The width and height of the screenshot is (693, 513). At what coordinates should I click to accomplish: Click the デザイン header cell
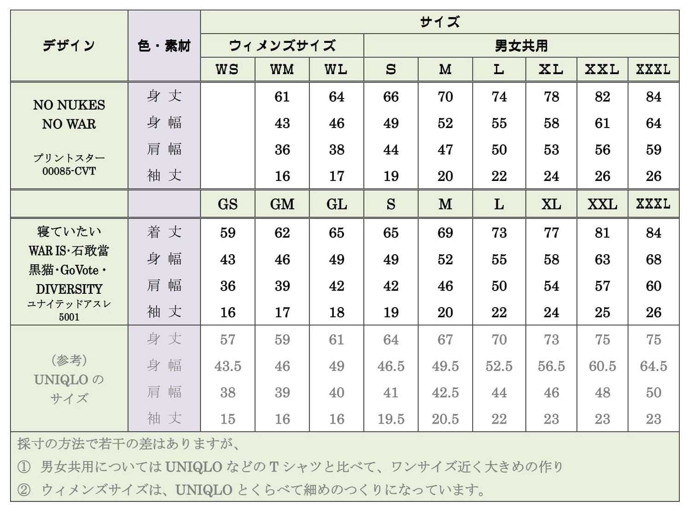click(69, 46)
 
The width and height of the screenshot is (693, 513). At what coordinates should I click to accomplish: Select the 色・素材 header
click(164, 46)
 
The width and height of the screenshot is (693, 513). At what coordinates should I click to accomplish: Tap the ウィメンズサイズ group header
click(282, 46)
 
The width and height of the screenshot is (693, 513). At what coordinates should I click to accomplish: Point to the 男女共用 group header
click(521, 46)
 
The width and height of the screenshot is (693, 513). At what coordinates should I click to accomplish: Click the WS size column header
click(227, 70)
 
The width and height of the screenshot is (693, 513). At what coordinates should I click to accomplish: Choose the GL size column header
click(337, 204)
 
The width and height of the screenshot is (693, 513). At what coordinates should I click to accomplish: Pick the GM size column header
click(282, 204)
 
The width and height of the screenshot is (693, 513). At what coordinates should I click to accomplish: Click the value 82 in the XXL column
click(602, 97)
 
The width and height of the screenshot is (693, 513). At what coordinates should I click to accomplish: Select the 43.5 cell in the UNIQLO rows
click(227, 366)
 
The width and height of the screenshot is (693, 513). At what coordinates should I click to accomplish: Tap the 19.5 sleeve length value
click(391, 419)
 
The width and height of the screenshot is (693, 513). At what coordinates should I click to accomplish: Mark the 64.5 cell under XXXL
click(653, 366)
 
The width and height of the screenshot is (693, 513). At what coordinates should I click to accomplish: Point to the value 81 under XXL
click(602, 233)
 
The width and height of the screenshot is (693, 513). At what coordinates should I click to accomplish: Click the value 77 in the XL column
click(551, 233)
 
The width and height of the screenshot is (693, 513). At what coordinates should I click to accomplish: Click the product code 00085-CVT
click(69, 171)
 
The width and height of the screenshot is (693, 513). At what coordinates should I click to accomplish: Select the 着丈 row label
click(164, 232)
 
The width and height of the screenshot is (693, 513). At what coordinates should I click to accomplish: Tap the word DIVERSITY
click(69, 289)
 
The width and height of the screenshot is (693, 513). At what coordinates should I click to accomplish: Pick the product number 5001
click(69, 317)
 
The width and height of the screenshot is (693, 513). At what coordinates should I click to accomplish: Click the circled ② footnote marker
click(24, 490)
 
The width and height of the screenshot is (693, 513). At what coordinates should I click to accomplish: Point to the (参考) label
click(69, 360)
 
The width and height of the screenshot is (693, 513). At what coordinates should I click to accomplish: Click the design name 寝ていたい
click(69, 231)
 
